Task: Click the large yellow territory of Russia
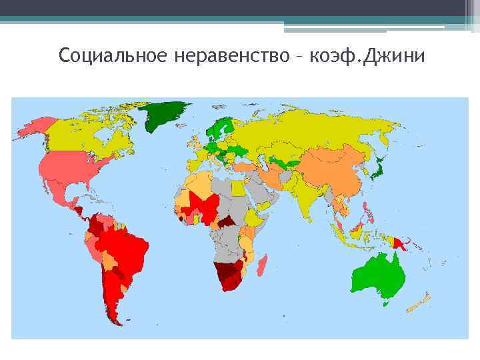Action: tap(300, 130)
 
